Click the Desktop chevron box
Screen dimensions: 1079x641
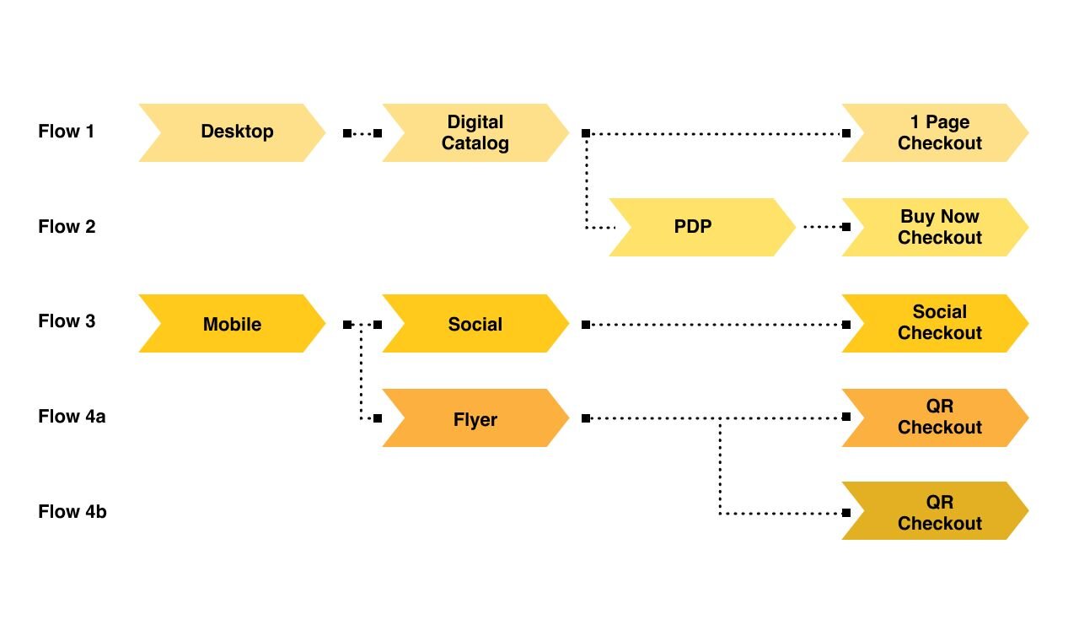pyautogui.click(x=232, y=132)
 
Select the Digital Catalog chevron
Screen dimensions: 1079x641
pyautogui.click(x=475, y=132)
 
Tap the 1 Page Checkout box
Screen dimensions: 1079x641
pyautogui.click(x=936, y=132)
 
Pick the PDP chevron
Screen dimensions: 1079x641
pyautogui.click(x=702, y=227)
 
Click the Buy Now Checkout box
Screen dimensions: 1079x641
pyautogui.click(x=936, y=227)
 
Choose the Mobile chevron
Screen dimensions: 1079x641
pyautogui.click(x=232, y=323)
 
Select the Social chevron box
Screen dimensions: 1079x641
pyautogui.click(x=475, y=323)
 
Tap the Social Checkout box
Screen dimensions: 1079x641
pyautogui.click(x=936, y=323)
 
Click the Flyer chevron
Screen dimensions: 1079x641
pyautogui.click(x=475, y=417)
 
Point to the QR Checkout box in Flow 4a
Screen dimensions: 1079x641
pyautogui.click(x=936, y=417)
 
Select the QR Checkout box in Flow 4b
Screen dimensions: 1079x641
pyautogui.click(x=936, y=510)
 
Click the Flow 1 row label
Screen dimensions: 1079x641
pyautogui.click(x=66, y=131)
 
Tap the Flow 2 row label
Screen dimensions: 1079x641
pyautogui.click(x=67, y=226)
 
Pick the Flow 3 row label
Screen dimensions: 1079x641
pyautogui.click(x=67, y=321)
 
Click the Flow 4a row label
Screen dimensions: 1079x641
pyautogui.click(x=72, y=416)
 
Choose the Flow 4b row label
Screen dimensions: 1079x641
pyautogui.click(x=72, y=511)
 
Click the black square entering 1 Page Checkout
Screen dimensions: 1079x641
pyautogui.click(x=846, y=133)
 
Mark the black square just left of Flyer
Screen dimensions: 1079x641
pyautogui.click(x=378, y=418)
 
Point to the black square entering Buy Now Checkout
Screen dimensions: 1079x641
pyautogui.click(x=846, y=227)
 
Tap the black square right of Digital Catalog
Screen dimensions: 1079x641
pyautogui.click(x=586, y=133)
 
